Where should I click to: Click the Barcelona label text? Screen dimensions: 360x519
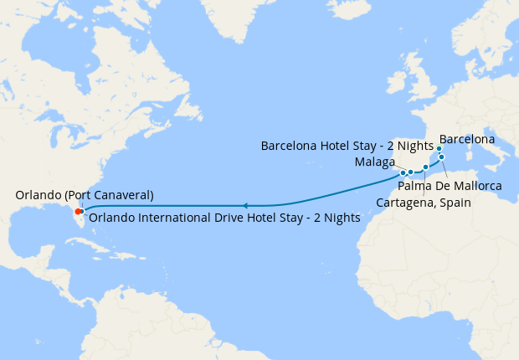click(x=466, y=139)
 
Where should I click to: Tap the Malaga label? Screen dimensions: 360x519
click(x=374, y=162)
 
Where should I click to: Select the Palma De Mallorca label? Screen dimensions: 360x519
click(x=450, y=185)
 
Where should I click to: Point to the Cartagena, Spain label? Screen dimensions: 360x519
click(x=424, y=203)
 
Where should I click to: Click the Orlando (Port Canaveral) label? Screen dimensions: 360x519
click(x=85, y=195)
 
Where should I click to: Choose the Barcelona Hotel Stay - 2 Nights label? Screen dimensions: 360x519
click(x=347, y=145)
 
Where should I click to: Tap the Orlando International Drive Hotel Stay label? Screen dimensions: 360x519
click(x=224, y=217)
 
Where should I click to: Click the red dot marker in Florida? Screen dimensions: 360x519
click(x=77, y=211)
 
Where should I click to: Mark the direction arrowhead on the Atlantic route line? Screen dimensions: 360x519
click(x=244, y=205)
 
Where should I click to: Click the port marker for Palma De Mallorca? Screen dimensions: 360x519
click(x=441, y=157)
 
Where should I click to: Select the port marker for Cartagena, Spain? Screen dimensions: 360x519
click(x=425, y=167)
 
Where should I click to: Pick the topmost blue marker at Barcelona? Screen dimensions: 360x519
click(x=439, y=148)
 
